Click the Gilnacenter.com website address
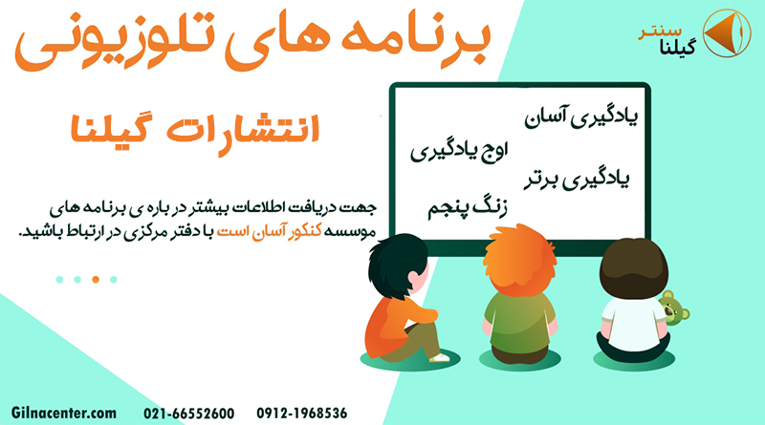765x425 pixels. pyautogui.click(x=64, y=414)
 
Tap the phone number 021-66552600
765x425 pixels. pyautogui.click(x=188, y=414)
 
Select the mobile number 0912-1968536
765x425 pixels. pyautogui.click(x=302, y=414)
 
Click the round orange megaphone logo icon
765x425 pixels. pyautogui.click(x=727, y=32)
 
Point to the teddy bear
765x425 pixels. pyautogui.click(x=674, y=308)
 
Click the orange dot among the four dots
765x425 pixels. pyautogui.click(x=96, y=279)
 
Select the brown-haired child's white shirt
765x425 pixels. pyautogui.click(x=633, y=324)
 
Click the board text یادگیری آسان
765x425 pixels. pyautogui.click(x=581, y=117)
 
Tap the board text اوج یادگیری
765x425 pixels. pyautogui.click(x=459, y=151)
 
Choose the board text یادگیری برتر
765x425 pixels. pyautogui.click(x=577, y=180)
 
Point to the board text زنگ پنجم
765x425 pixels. pyautogui.click(x=468, y=208)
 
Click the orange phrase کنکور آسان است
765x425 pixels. pyautogui.click(x=269, y=231)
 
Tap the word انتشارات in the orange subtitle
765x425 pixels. pyautogui.click(x=243, y=130)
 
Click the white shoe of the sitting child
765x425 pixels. pyautogui.click(x=440, y=358)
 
